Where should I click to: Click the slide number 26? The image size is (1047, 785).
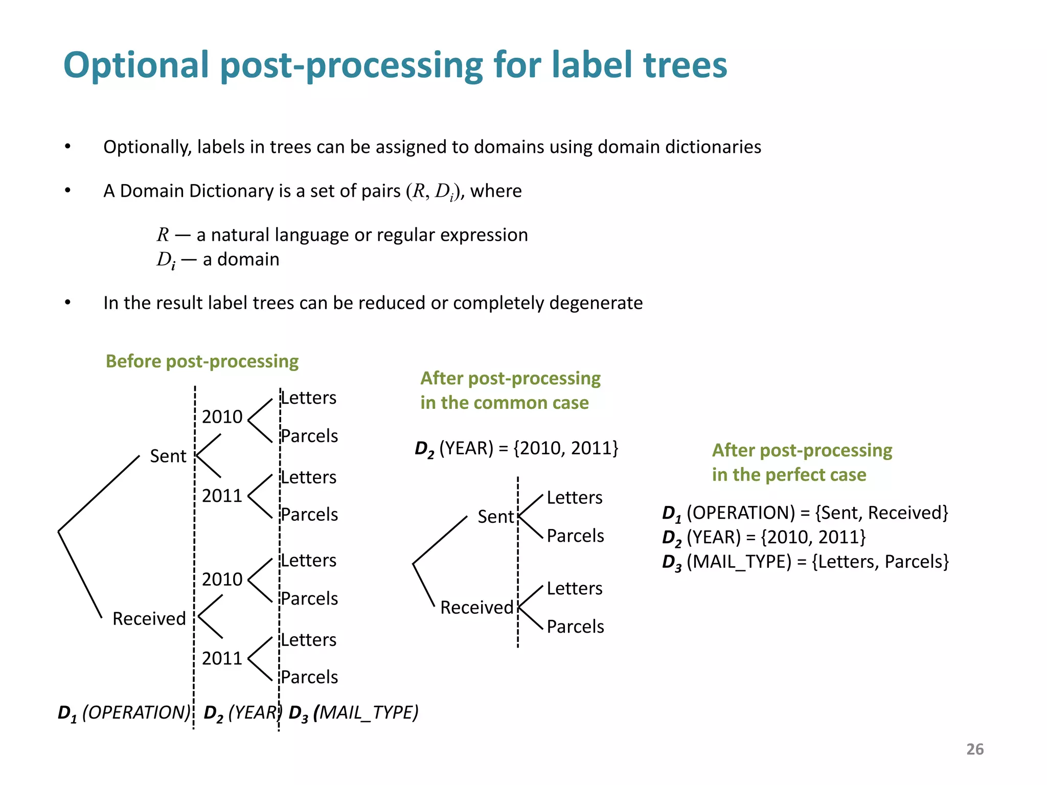point(974,749)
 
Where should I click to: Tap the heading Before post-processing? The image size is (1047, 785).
point(202,361)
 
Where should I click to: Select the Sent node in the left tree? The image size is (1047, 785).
point(168,456)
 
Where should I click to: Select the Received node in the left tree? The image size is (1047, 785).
point(149,618)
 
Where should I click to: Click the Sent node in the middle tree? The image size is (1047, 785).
point(495,517)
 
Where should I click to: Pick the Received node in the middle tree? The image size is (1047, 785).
point(476,607)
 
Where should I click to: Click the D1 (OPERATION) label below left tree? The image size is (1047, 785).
point(124,712)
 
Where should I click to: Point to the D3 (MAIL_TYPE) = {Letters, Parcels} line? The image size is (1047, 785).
point(805,562)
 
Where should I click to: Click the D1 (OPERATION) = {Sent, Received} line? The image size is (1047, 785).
point(805,513)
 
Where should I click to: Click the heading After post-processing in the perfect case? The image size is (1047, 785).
point(802,463)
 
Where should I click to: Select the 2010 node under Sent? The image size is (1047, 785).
point(222,417)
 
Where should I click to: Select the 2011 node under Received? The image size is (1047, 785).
point(222,658)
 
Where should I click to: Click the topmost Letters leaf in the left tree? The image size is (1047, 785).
point(309,398)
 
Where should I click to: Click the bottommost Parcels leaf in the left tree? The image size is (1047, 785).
point(309,677)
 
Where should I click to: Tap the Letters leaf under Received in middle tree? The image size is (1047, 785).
point(575,588)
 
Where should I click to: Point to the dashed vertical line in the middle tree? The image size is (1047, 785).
point(518,562)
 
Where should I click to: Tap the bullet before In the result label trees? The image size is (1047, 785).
point(67,303)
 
